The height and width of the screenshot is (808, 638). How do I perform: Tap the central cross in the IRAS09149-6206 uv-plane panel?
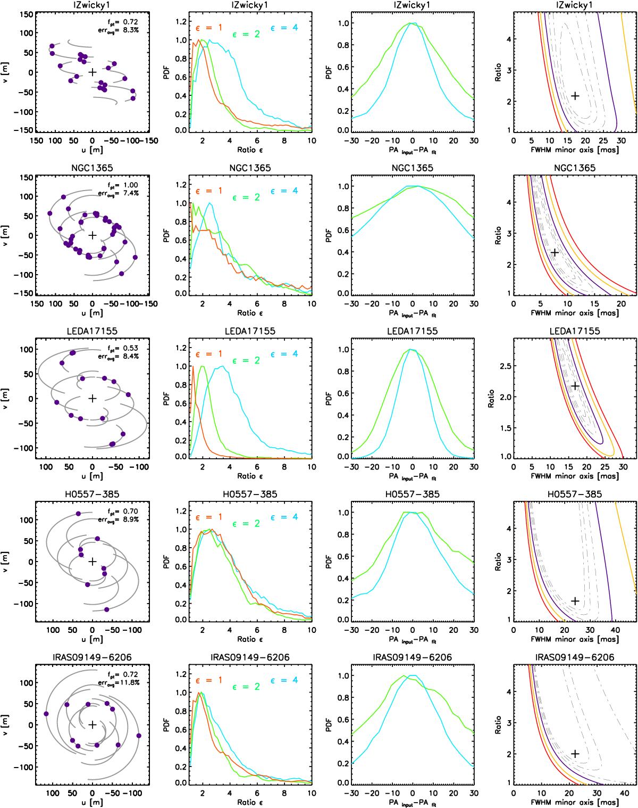[x=93, y=724]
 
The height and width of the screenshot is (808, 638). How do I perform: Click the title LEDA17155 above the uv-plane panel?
[x=93, y=331]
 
